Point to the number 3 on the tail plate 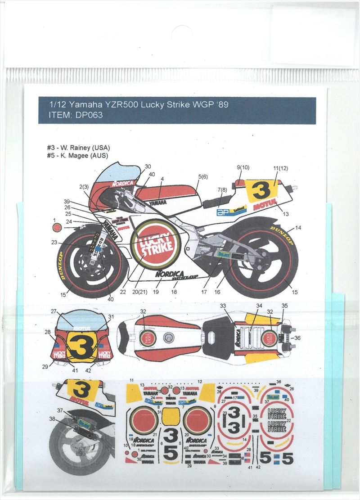pos(261,192)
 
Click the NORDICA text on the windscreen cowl pos(122,183)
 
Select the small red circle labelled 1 pos(56,227)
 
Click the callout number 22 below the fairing pos(123,292)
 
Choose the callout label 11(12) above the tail pos(279,169)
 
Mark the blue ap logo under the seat pos(224,212)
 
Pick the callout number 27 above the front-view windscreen pos(54,311)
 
